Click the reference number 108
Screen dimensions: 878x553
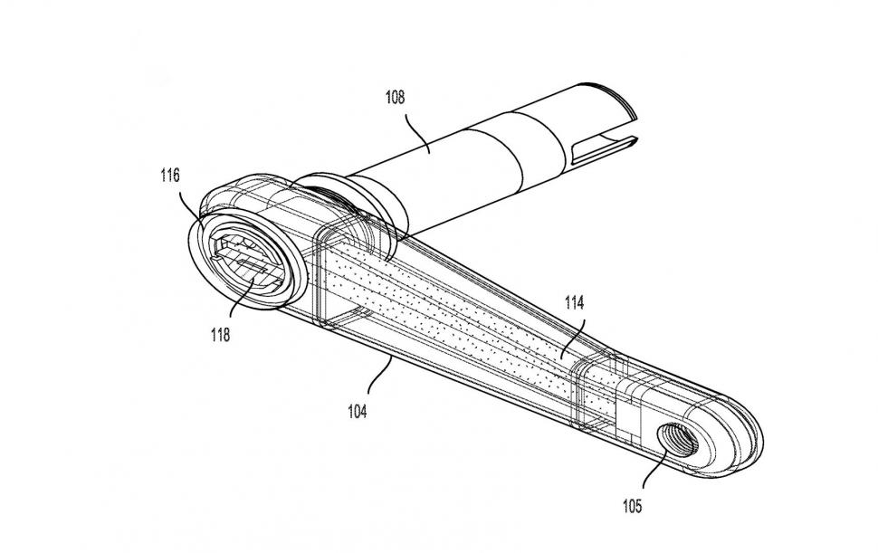pyautogui.click(x=395, y=98)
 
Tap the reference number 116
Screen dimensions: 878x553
pyautogui.click(x=170, y=176)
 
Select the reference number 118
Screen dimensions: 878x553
pyautogui.click(x=220, y=335)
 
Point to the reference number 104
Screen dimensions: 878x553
pyautogui.click(x=358, y=412)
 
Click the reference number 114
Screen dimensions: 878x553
pyautogui.click(x=575, y=303)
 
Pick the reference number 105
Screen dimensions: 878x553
pyautogui.click(x=632, y=506)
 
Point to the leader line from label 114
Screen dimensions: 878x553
pyautogui.click(x=573, y=338)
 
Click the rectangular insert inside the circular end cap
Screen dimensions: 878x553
pyautogui.click(x=245, y=262)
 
